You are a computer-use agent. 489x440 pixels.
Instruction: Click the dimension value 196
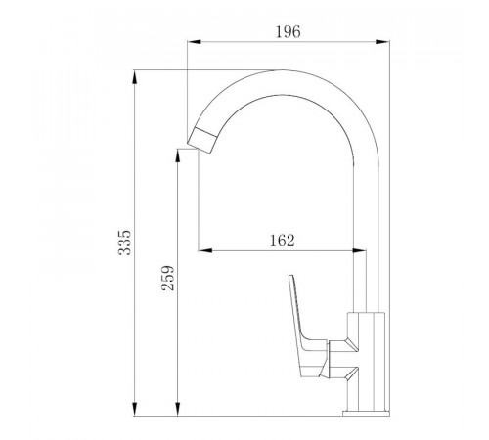pyautogui.click(x=289, y=32)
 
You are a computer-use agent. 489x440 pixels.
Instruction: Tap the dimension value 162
pyautogui.click(x=283, y=241)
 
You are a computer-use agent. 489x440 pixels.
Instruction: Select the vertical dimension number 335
pyautogui.click(x=124, y=242)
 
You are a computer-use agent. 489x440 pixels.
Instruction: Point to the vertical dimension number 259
pyautogui.click(x=168, y=278)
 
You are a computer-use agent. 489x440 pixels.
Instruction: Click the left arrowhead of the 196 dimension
pyautogui.click(x=194, y=42)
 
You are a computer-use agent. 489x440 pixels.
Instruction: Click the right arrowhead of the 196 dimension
pyautogui.click(x=382, y=42)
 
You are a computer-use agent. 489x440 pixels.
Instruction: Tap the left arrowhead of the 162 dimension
pyautogui.click(x=205, y=250)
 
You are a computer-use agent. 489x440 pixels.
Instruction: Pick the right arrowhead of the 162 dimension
pyautogui.click(x=360, y=250)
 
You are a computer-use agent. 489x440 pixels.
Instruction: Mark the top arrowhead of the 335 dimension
pyautogui.click(x=134, y=77)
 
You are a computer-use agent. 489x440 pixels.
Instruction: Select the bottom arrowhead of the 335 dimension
pyautogui.click(x=134, y=409)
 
